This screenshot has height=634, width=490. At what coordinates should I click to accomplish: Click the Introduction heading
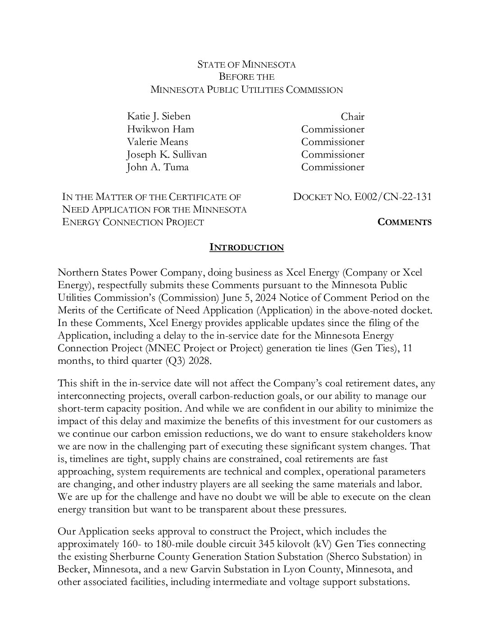[x=247, y=247]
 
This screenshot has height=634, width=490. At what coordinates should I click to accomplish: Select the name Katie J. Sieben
[x=159, y=117]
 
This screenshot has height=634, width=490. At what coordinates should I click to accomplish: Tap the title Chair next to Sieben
[x=352, y=117]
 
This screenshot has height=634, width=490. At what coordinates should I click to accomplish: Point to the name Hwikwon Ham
[x=160, y=129]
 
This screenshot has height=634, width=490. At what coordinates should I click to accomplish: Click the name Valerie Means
[x=157, y=142]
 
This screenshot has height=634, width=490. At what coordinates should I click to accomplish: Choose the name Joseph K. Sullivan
[x=167, y=154]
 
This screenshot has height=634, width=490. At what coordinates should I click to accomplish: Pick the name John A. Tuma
[x=158, y=167]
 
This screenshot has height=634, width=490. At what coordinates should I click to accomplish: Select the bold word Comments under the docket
[x=404, y=222]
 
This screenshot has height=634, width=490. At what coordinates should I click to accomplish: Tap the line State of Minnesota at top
[x=246, y=64]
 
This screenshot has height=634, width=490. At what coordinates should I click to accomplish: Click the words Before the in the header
[x=246, y=77]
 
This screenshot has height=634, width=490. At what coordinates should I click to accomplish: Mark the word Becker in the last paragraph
[x=73, y=569]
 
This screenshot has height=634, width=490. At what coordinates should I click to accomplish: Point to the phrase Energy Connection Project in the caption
[x=133, y=222]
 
